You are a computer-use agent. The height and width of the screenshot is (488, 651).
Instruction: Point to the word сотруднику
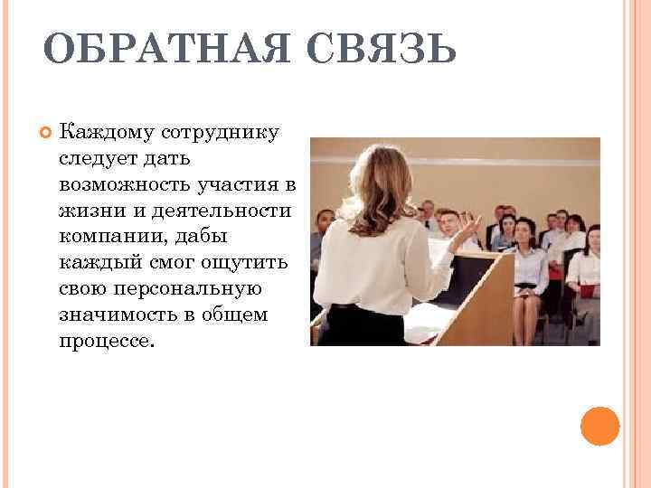click(221, 134)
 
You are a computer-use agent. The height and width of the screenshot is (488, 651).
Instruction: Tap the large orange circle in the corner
click(599, 425)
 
